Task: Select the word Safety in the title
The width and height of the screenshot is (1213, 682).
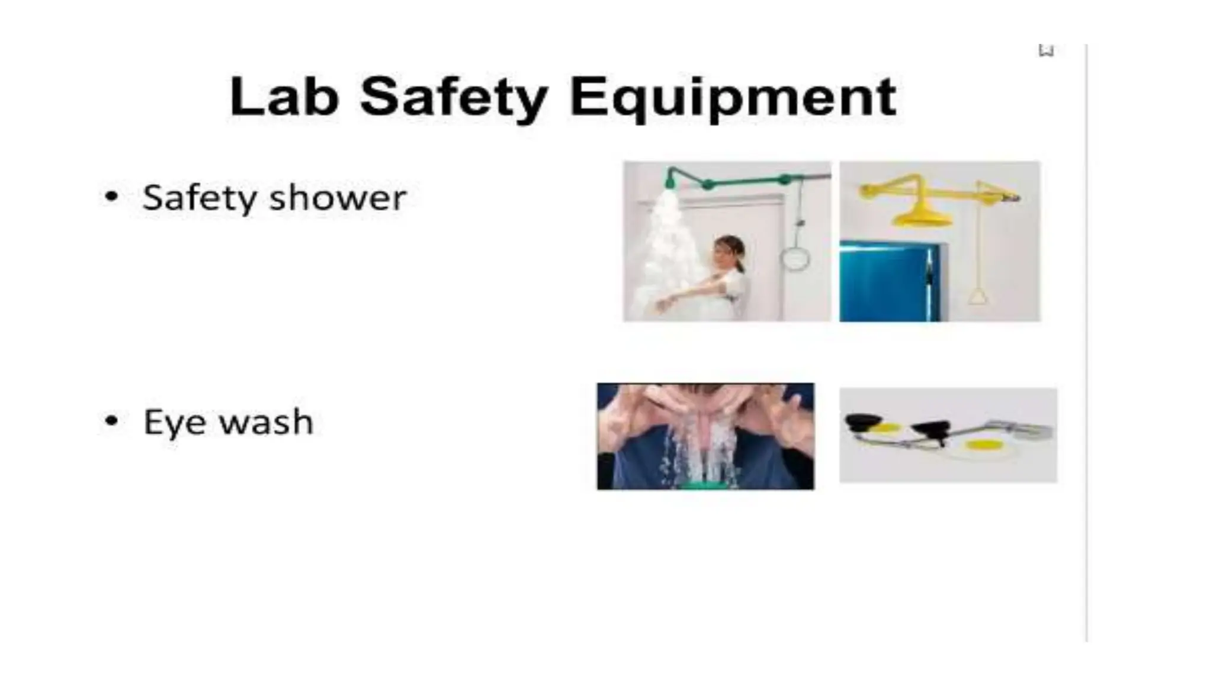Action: [453, 98]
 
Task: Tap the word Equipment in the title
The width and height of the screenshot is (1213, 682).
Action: [732, 98]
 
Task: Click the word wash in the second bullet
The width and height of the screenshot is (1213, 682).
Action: [266, 422]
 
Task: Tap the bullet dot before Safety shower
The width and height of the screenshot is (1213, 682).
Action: [111, 197]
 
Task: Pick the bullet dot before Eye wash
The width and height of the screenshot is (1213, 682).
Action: [111, 421]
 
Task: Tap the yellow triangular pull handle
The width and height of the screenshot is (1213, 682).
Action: [978, 295]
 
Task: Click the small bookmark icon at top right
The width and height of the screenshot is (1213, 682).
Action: [1046, 50]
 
